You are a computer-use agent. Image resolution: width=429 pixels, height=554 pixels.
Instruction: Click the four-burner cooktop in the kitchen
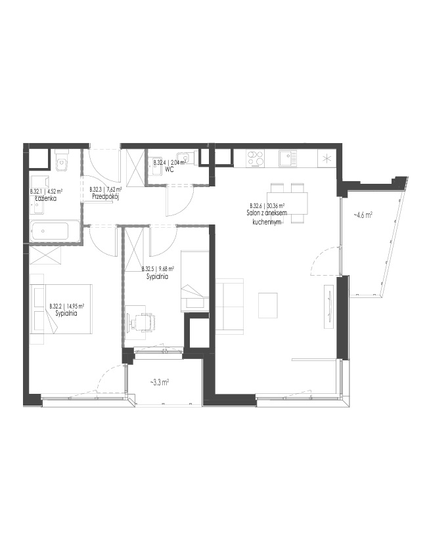(x=256, y=158)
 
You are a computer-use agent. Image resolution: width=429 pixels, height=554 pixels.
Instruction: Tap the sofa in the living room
(x=229, y=306)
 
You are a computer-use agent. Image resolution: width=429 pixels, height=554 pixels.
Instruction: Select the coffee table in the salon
(x=268, y=305)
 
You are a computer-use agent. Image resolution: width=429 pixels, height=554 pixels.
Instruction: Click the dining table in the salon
(x=287, y=203)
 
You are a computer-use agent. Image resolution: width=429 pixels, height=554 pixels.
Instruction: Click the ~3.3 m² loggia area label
(x=159, y=382)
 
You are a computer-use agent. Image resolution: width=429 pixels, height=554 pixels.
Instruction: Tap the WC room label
(x=169, y=169)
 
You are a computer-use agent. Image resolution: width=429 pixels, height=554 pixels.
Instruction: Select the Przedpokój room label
(x=105, y=196)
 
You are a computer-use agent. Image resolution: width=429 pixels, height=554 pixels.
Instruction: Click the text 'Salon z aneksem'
(x=267, y=213)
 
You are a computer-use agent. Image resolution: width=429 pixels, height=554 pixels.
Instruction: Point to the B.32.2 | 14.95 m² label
(x=66, y=306)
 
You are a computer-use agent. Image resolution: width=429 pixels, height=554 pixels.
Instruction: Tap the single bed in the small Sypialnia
(x=194, y=281)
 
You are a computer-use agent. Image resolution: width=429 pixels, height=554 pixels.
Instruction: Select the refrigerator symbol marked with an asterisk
(x=327, y=158)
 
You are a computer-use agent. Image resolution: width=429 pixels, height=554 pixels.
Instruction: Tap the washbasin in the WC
(x=184, y=158)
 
